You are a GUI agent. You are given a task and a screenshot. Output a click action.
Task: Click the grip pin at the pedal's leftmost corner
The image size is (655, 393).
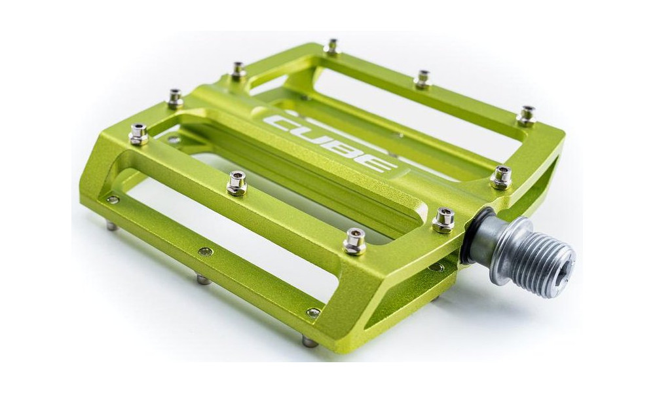pos(138,134)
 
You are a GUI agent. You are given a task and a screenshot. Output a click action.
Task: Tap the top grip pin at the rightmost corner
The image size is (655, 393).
pos(526,116)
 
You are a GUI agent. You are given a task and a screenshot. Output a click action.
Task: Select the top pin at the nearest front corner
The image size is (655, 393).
pos(354,242)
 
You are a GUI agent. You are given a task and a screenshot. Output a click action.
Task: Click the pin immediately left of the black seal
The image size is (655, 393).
pos(443,221)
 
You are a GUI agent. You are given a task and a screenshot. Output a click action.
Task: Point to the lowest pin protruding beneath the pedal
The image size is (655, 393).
pos(309,341)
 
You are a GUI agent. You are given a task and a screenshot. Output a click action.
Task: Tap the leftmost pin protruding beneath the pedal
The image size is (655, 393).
pos(112,226)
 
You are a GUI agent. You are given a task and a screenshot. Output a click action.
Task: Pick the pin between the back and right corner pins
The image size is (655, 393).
pos(423,79)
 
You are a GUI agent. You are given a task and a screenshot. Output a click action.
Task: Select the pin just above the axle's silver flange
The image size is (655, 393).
pos(502,178)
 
